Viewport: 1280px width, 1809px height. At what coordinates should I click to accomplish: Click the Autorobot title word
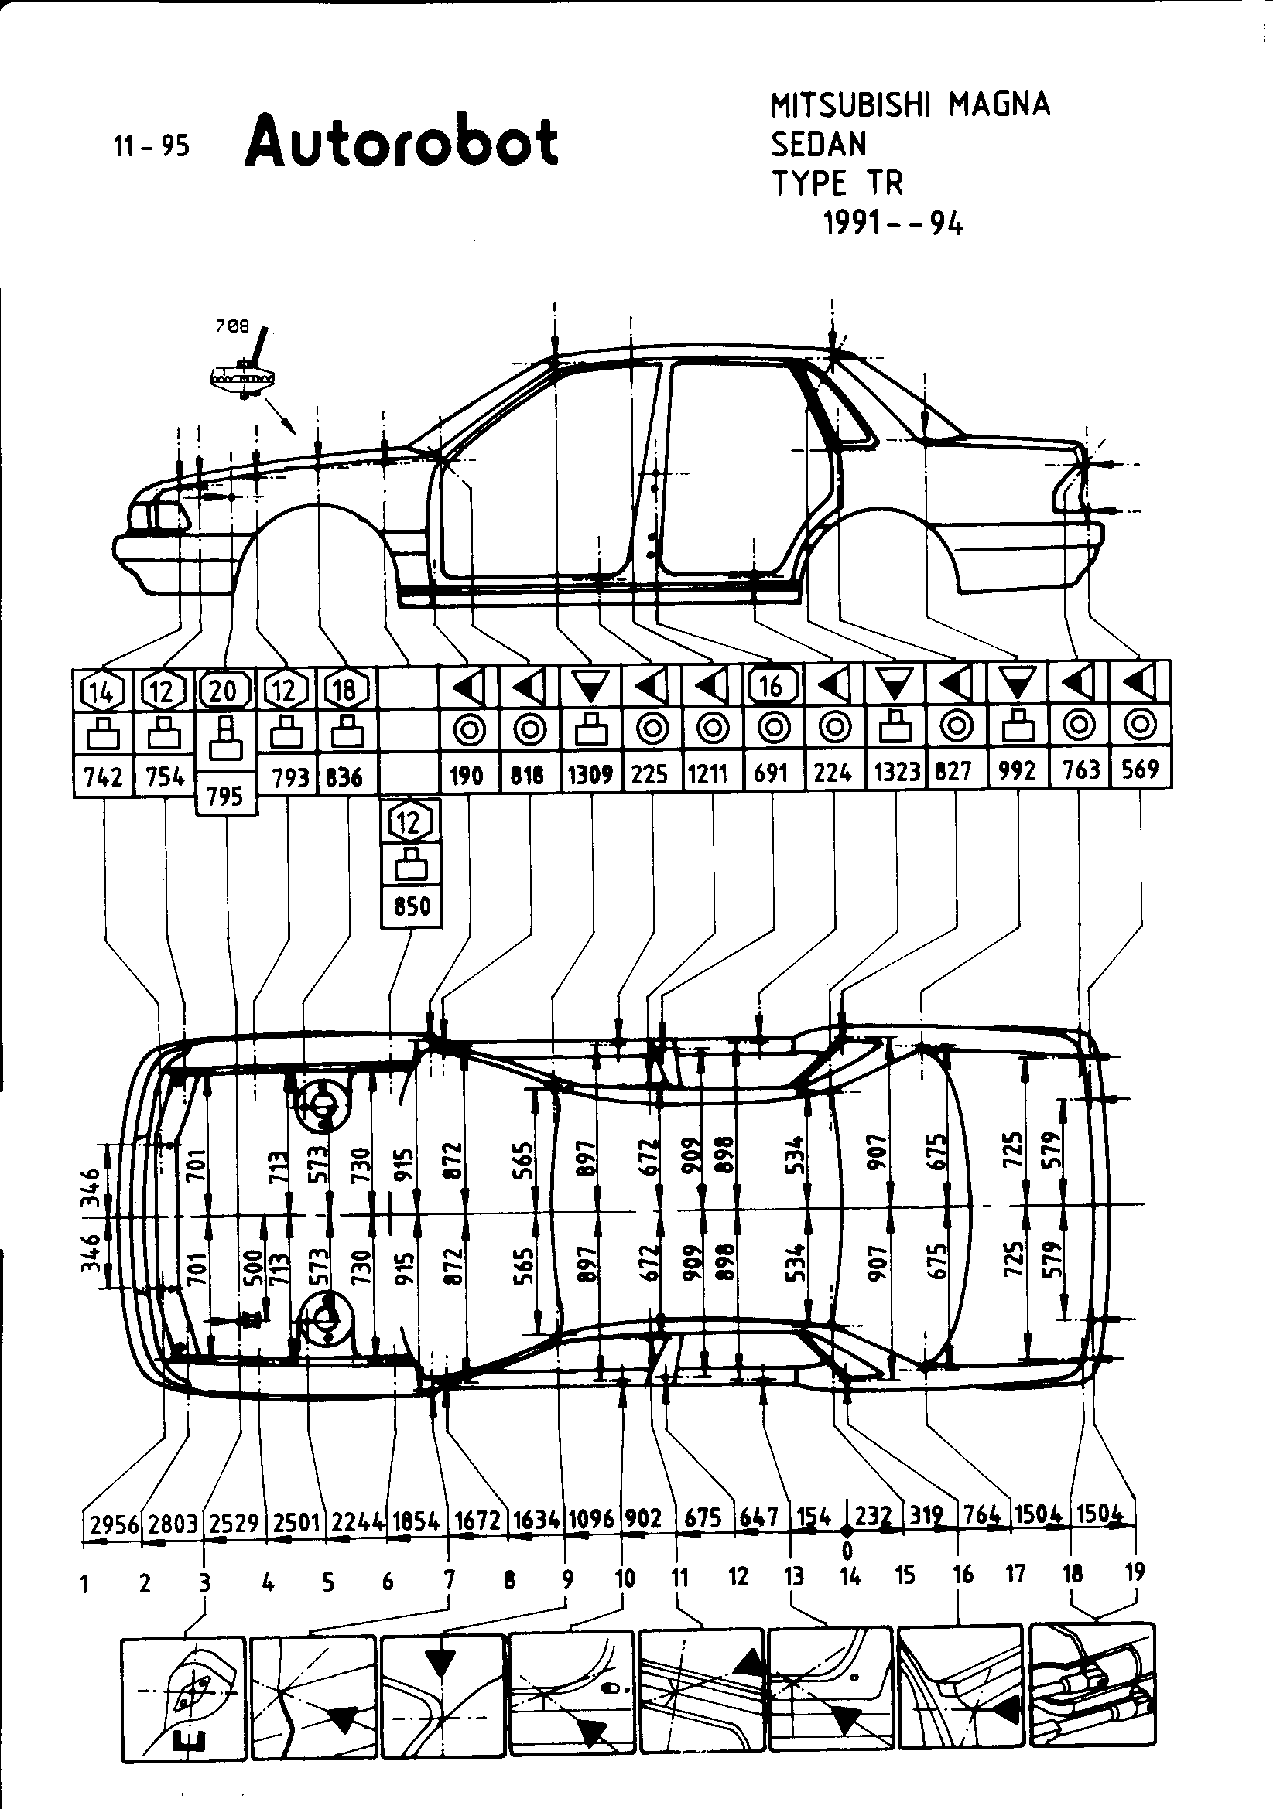401,142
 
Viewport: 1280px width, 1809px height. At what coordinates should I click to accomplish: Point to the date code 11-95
152,146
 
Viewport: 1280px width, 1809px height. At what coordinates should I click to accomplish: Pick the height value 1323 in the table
897,772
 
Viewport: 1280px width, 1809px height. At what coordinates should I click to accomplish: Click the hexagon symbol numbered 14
102,691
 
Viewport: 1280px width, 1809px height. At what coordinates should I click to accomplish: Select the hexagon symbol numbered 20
224,691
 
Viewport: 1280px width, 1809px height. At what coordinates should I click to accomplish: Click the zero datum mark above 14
847,1551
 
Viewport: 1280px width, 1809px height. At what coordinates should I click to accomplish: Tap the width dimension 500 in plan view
254,1268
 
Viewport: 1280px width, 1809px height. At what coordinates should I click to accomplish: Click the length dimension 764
984,1515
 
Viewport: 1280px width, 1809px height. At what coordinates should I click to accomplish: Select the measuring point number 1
84,1582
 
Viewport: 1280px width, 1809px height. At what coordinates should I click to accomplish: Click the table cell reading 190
466,775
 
